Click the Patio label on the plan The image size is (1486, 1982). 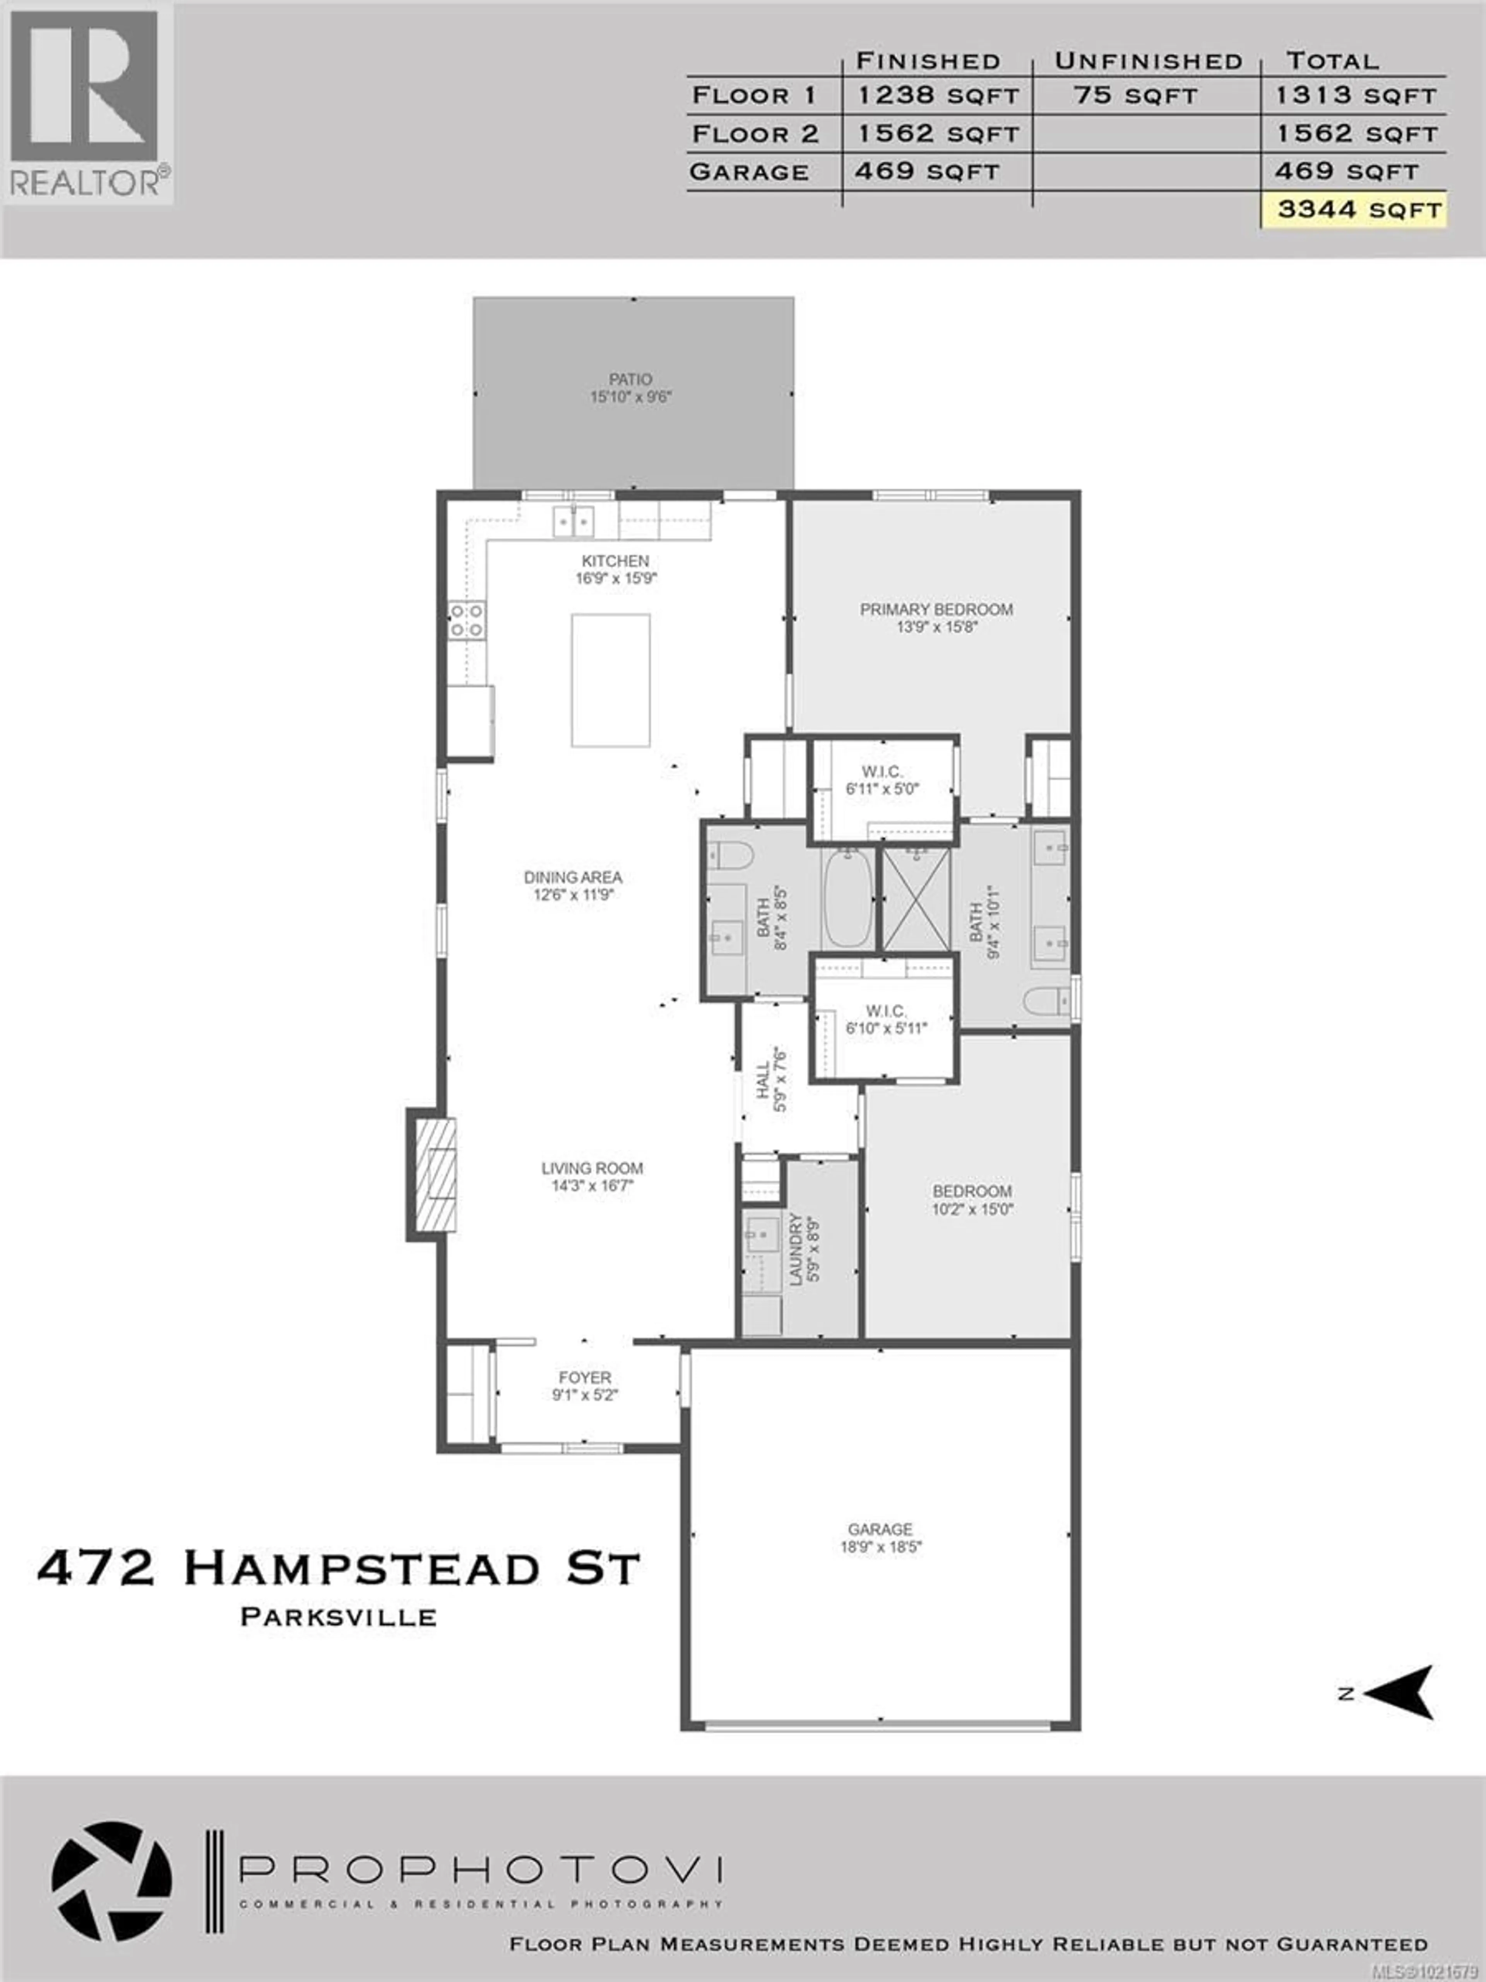[x=631, y=379]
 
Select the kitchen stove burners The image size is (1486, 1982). [x=467, y=620]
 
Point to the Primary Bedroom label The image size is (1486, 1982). [x=936, y=609]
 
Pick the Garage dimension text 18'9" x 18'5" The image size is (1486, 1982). [x=880, y=1547]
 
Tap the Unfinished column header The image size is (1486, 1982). [x=1148, y=61]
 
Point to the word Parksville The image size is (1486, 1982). [x=339, y=1617]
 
